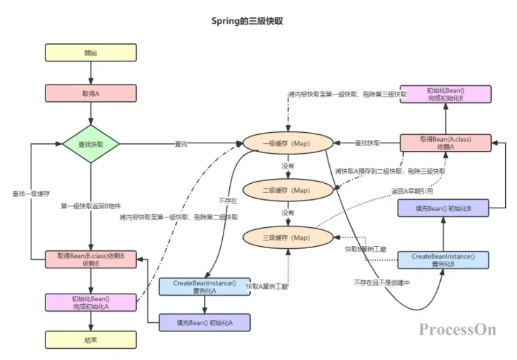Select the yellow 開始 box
pos(91,52)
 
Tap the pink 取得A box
pos(91,92)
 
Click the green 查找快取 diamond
pos(91,144)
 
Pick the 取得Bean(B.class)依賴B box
pos(91,259)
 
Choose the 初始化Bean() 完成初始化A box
pos(91,302)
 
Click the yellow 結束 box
pos(91,340)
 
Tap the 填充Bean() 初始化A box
pos(205,322)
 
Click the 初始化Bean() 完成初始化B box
pos(446,95)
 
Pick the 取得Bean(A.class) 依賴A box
pos(446,143)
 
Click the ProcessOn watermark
pos(458,329)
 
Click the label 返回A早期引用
pos(413,190)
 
